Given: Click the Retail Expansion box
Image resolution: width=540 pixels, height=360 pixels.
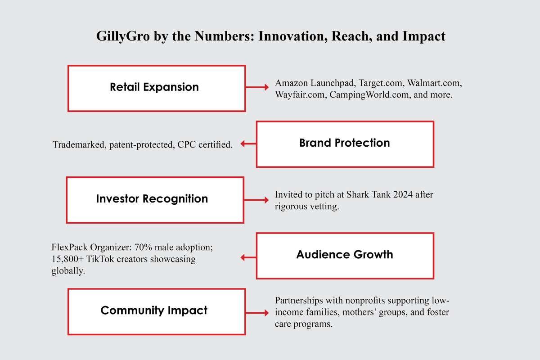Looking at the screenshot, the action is (157, 88).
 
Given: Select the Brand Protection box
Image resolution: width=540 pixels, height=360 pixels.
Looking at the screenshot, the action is (345, 144).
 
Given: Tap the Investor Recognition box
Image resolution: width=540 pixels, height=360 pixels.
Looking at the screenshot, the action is (155, 200).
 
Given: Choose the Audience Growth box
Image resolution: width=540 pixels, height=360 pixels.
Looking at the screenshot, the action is (345, 256).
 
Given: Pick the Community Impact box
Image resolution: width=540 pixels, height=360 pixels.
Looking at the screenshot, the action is (157, 311).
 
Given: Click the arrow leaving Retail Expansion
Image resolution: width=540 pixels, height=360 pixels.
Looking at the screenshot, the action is (257, 87).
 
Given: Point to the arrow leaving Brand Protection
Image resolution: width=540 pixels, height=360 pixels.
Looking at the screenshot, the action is (248, 144).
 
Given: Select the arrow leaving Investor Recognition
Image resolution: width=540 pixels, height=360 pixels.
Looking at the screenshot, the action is (256, 200).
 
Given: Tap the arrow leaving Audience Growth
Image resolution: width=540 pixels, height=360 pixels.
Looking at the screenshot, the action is (248, 257).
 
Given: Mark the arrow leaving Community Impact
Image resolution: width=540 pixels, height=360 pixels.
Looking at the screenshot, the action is (257, 313).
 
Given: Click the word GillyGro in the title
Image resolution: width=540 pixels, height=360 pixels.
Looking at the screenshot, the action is (123, 36).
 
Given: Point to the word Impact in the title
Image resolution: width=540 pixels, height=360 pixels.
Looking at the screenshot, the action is (423, 36).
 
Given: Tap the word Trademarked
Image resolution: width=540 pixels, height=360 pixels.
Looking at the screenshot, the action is (79, 145).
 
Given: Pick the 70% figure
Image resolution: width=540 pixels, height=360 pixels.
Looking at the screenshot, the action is (143, 247).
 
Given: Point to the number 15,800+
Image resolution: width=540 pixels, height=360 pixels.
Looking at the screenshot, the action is (67, 259).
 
